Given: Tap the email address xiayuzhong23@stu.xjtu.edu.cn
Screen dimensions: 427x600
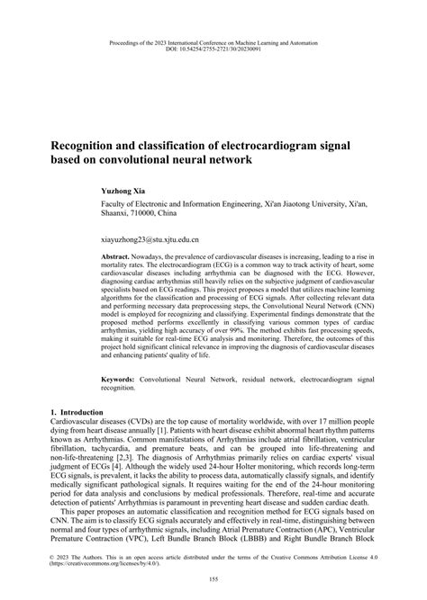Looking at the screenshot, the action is (x=150, y=241).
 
